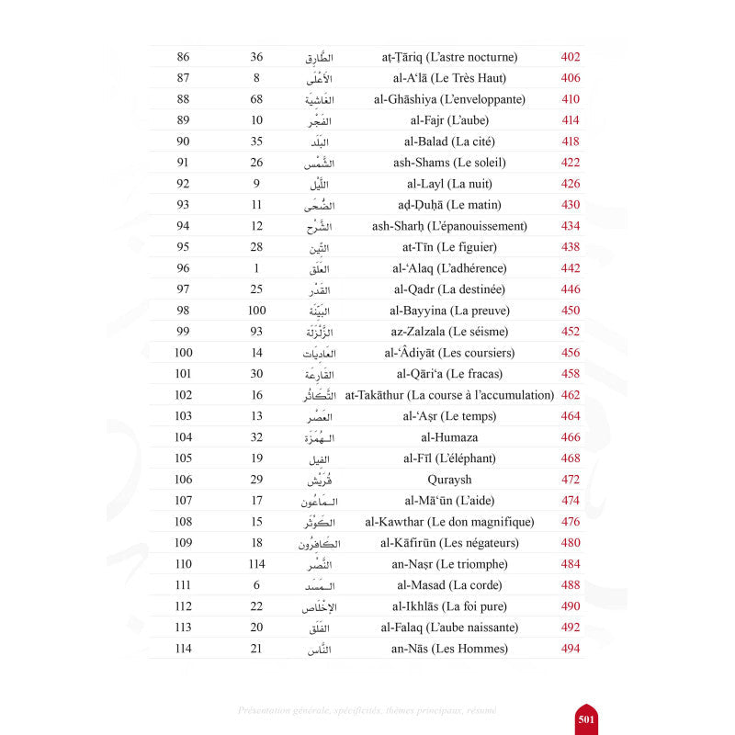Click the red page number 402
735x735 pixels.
pos(570,57)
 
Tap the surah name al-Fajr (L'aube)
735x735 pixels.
pos(449,120)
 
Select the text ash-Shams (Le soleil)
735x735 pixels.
pos(449,163)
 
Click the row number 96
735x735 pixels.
pos(183,268)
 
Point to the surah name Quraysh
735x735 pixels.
pos(449,480)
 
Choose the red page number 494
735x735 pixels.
pos(570,649)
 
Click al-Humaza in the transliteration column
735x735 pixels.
pos(449,437)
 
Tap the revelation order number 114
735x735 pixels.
pos(256,564)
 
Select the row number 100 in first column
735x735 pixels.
pos(183,353)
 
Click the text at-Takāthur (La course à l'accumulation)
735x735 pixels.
pos(449,395)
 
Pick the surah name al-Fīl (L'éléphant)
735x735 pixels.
pos(449,458)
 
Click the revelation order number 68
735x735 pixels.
pos(256,99)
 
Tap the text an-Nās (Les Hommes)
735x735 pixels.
pos(449,649)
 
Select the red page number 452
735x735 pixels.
pos(570,332)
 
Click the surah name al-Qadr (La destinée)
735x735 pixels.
pos(449,289)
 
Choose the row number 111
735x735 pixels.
pos(183,585)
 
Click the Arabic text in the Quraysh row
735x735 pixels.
pos(316,480)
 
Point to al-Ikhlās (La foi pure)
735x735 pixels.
pos(449,606)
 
